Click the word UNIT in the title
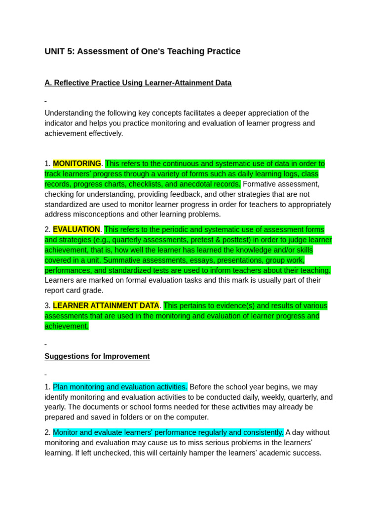pos(55,51)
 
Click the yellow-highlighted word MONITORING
pos(77,164)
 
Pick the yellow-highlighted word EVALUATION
pos(76,229)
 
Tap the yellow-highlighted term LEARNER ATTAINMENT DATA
pos(106,305)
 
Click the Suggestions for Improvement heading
pos(97,356)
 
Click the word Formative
pos(260,184)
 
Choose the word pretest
pos(231,240)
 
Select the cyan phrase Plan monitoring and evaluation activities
pos(120,386)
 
